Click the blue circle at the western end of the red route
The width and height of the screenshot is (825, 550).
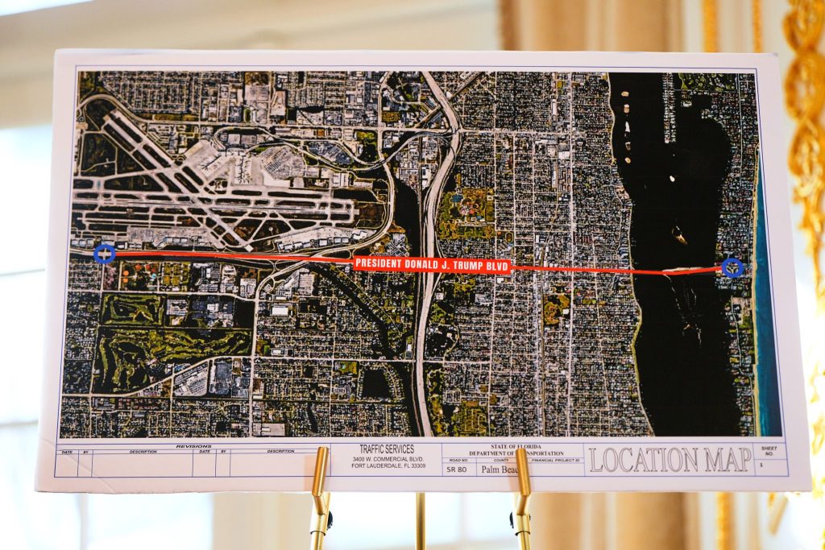[104, 254]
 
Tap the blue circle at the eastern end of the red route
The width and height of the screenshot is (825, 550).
[732, 267]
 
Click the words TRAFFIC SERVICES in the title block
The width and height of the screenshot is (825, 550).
[387, 449]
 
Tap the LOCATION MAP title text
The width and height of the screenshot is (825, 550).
[669, 460]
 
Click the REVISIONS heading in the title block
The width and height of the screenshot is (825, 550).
[193, 445]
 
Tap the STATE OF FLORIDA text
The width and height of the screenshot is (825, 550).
[517, 447]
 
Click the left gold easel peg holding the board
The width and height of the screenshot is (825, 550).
[320, 483]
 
